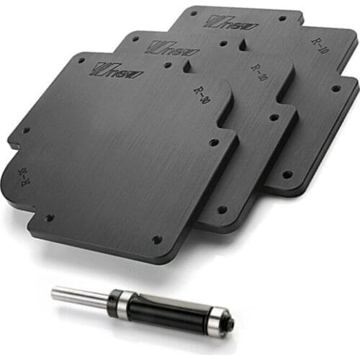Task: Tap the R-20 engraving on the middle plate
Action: point(257,71)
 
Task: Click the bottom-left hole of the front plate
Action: point(50,217)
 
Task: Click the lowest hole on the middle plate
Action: point(222,210)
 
